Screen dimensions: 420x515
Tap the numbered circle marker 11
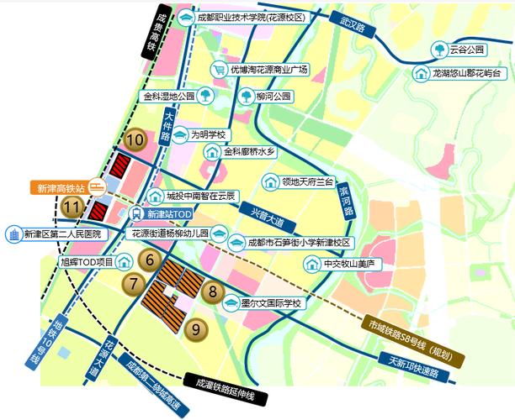(73, 206)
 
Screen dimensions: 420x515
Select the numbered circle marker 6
(150, 260)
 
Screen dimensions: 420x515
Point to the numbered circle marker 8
(214, 292)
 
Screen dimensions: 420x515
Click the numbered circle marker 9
(196, 329)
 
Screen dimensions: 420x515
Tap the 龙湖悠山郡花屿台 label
(470, 73)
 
